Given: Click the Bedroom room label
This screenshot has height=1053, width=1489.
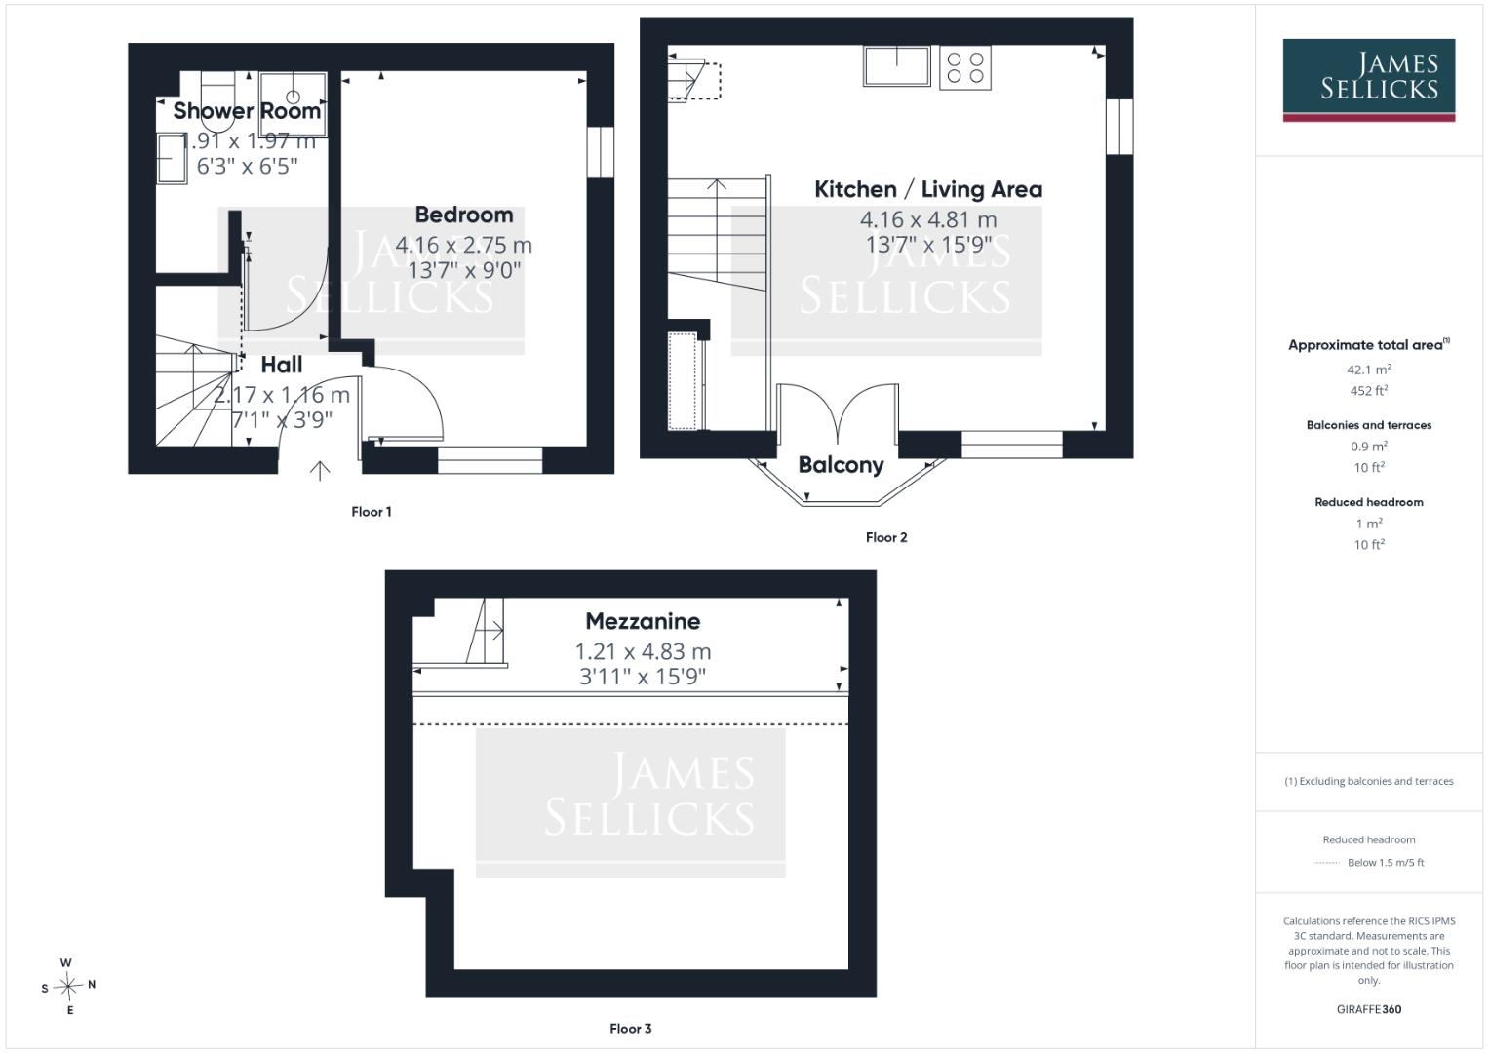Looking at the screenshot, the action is [x=464, y=214].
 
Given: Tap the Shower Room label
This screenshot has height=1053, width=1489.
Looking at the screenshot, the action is [x=248, y=110].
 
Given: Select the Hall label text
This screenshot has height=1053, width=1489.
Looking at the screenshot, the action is [x=282, y=365].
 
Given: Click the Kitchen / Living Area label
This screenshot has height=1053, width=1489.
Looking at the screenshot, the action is [x=928, y=189].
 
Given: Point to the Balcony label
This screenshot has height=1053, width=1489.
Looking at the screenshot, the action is [x=841, y=465].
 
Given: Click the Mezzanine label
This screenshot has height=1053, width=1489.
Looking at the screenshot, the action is [x=643, y=621].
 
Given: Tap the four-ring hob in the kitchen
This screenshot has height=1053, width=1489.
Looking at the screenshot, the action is [x=965, y=68].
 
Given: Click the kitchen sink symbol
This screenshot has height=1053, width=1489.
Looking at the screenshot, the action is [x=897, y=66].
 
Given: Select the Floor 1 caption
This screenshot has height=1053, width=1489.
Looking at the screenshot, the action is [x=372, y=512].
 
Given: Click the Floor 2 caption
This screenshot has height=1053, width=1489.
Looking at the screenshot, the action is [x=886, y=538].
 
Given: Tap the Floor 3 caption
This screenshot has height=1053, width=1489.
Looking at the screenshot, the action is [x=631, y=1029].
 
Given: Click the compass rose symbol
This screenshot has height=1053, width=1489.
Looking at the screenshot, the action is [x=68, y=987].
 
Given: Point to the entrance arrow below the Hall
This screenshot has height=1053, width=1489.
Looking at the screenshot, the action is [x=320, y=471].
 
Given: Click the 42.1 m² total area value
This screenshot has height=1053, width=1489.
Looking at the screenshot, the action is [x=1369, y=370].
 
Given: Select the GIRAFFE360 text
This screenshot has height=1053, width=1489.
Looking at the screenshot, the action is [x=1369, y=1009].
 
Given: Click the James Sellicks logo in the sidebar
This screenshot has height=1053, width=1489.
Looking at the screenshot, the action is [x=1369, y=80].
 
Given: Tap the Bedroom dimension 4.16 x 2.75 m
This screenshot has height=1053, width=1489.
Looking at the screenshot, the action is [x=464, y=246].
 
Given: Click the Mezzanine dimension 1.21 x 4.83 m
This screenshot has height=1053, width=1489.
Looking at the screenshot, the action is [x=643, y=651].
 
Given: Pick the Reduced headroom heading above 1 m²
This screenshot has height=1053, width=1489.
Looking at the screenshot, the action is [x=1369, y=502].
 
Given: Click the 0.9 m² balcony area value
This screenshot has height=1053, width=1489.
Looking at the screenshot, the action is [x=1369, y=447].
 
